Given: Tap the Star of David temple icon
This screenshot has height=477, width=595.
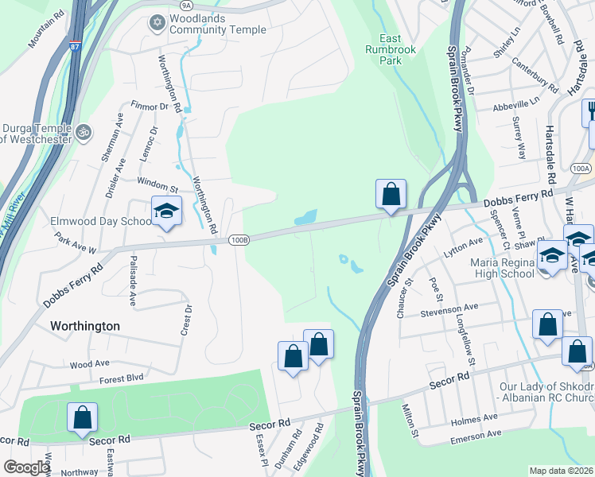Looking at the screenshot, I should click(x=157, y=23).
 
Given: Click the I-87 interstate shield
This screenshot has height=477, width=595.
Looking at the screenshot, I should click(x=74, y=46).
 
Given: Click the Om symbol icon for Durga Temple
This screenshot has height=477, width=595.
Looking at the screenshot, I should click(x=82, y=130).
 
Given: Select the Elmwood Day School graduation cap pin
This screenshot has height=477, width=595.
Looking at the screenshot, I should click(x=167, y=211).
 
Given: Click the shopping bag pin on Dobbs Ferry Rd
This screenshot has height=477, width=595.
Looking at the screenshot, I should click(x=391, y=195).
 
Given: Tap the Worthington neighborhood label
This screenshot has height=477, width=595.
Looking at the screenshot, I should click(x=85, y=326).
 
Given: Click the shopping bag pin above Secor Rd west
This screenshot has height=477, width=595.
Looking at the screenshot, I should click(x=82, y=418).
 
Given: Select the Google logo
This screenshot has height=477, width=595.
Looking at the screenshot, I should click(x=26, y=467).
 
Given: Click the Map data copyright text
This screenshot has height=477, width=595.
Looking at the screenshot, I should click(x=561, y=471).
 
